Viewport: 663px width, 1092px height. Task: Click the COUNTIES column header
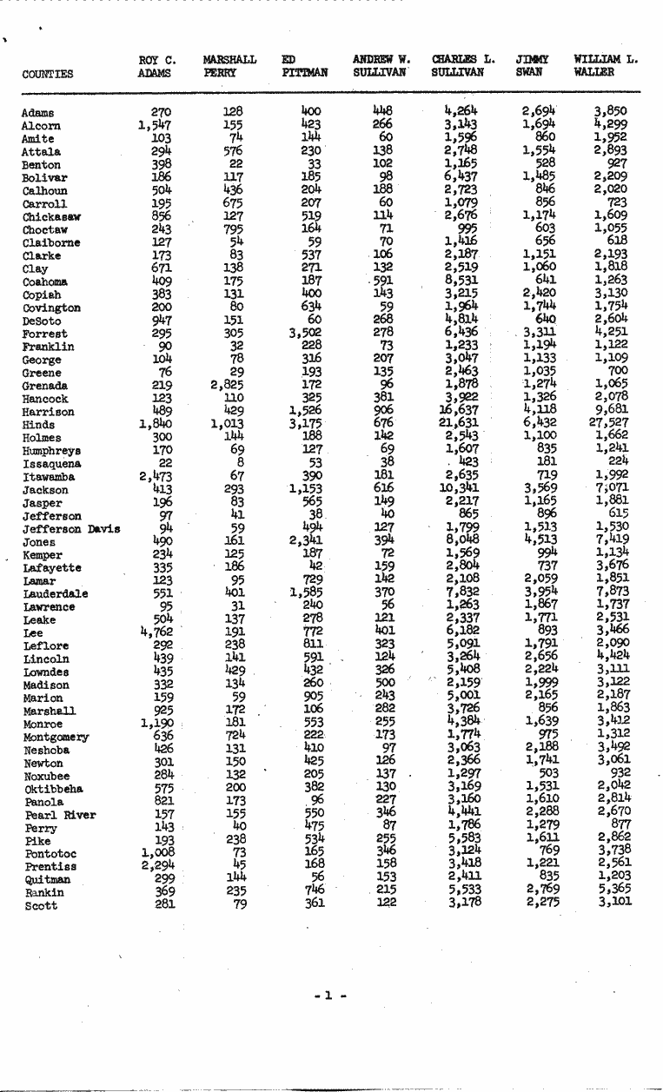(x=48, y=75)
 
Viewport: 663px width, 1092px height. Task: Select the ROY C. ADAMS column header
(x=156, y=67)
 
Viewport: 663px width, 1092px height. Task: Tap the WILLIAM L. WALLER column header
(x=605, y=67)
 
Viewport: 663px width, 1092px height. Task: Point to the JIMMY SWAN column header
(x=528, y=67)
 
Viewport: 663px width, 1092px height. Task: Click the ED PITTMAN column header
(x=304, y=67)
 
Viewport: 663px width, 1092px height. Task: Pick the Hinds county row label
(x=38, y=426)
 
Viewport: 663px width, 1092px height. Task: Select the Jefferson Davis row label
(x=71, y=530)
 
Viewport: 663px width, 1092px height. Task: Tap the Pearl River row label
(x=59, y=816)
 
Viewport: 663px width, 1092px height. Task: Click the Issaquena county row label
(x=53, y=465)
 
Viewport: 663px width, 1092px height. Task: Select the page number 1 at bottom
(x=329, y=996)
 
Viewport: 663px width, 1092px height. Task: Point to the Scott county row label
(x=41, y=906)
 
